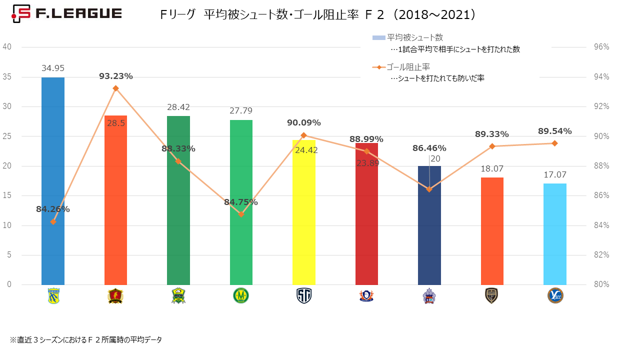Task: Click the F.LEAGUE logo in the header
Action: tap(66, 14)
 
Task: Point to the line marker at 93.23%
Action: tap(115, 88)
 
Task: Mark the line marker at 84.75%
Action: tap(241, 214)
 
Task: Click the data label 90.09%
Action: tap(304, 123)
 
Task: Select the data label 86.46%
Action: tap(429, 148)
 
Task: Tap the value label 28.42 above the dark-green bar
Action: tap(178, 107)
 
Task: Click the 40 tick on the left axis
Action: tap(7, 46)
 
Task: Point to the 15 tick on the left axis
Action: tap(7, 195)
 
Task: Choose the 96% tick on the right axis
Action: tap(601, 47)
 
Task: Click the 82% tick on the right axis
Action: tap(601, 255)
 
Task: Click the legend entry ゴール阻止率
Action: tap(408, 67)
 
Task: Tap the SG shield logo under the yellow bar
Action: tap(304, 296)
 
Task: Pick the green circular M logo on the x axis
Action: tap(241, 296)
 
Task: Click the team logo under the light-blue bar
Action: tap(555, 296)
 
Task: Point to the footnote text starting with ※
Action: tap(85, 340)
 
